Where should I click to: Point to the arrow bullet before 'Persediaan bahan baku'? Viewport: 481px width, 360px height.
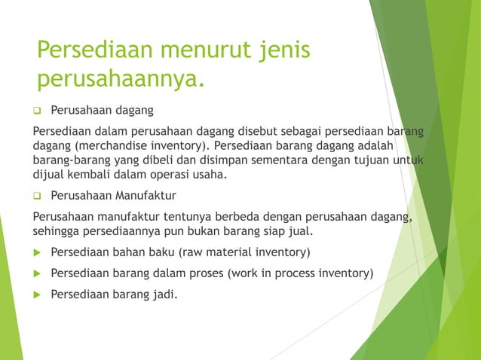click(x=37, y=252)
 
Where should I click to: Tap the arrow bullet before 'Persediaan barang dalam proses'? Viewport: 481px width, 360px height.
click(x=37, y=273)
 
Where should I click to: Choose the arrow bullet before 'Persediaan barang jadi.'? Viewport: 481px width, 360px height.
click(x=37, y=294)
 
